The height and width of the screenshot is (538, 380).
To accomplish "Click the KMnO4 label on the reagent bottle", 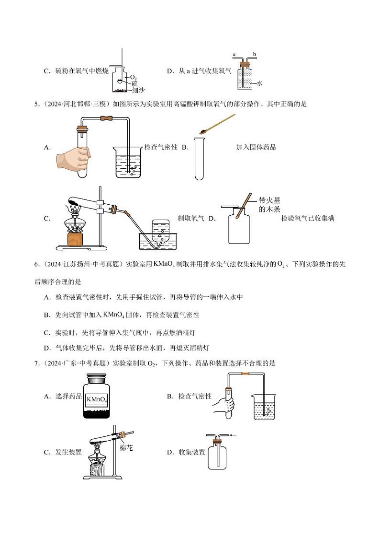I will tap(97, 398).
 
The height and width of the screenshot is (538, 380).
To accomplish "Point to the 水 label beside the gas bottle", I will tap(259, 83).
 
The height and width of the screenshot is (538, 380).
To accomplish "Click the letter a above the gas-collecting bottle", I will tap(234, 55).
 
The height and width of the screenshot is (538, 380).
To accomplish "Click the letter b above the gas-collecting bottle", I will tap(255, 55).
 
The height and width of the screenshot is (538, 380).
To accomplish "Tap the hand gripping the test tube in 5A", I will tap(73, 157).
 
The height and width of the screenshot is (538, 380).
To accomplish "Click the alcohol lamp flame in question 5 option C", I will tap(76, 208).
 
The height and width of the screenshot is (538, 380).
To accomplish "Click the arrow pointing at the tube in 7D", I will tap(233, 435).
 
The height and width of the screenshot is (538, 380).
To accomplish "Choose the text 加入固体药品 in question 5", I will tap(256, 147).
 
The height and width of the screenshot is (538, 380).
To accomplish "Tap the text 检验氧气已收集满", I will tap(308, 219).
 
